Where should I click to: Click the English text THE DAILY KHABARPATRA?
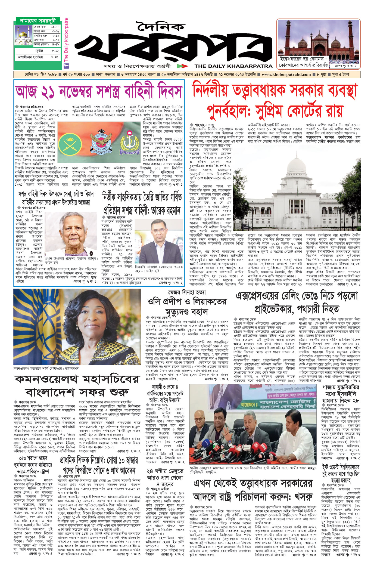pos(233,66)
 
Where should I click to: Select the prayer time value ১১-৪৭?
pos(55,27)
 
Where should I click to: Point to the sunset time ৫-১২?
pos(55,51)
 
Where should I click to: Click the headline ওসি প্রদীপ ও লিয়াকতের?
pos(186,301)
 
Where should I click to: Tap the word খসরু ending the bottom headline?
pos(300,497)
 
